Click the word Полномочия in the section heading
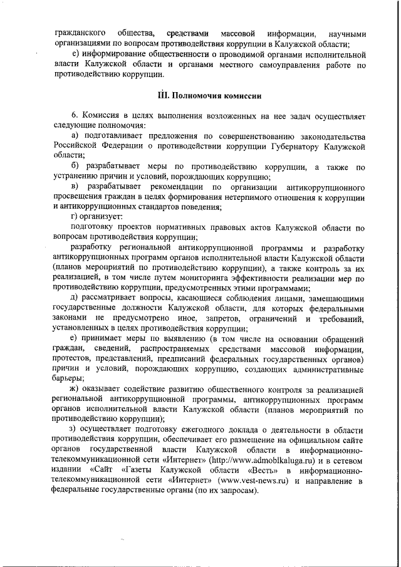pos(197,96)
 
